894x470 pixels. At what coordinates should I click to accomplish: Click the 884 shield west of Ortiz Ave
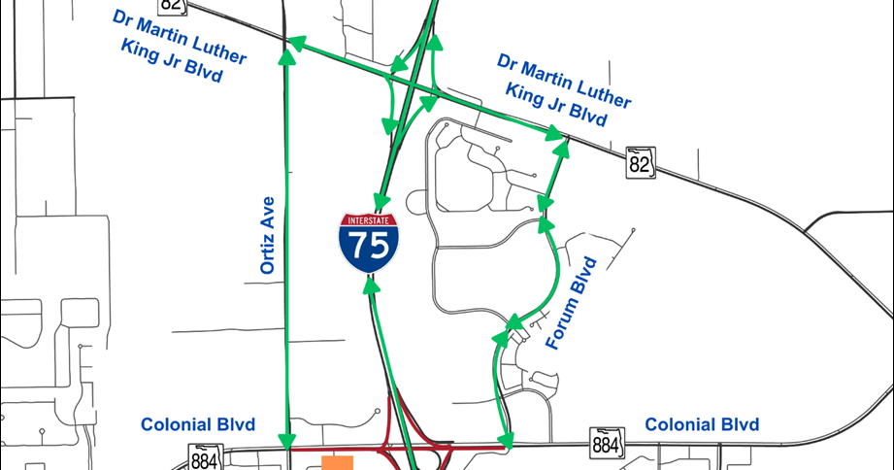pos(204,459)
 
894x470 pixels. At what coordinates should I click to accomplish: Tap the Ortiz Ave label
pos(269,238)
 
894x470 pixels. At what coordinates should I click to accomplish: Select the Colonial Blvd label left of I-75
pos(198,425)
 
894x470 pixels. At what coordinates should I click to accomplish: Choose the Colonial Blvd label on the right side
pos(702,425)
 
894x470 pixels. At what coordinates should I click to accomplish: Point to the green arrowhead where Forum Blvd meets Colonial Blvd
pos(505,440)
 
